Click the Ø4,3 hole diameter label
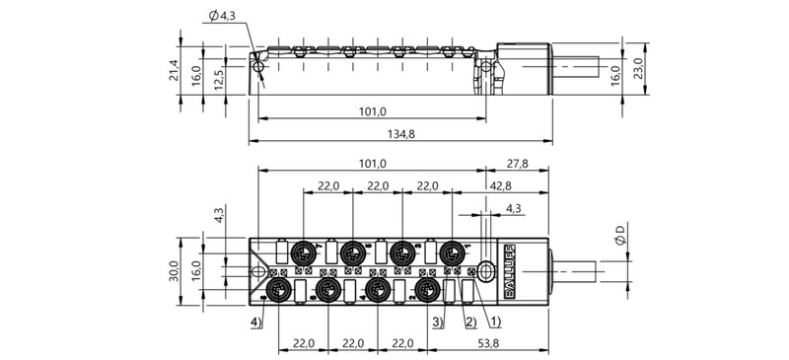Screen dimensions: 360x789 (224, 15)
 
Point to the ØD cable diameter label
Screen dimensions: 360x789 (619, 238)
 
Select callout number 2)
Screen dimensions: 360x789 (470, 322)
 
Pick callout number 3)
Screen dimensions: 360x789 (437, 322)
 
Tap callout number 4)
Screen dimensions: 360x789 (255, 322)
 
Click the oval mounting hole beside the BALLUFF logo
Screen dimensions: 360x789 (485, 270)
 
